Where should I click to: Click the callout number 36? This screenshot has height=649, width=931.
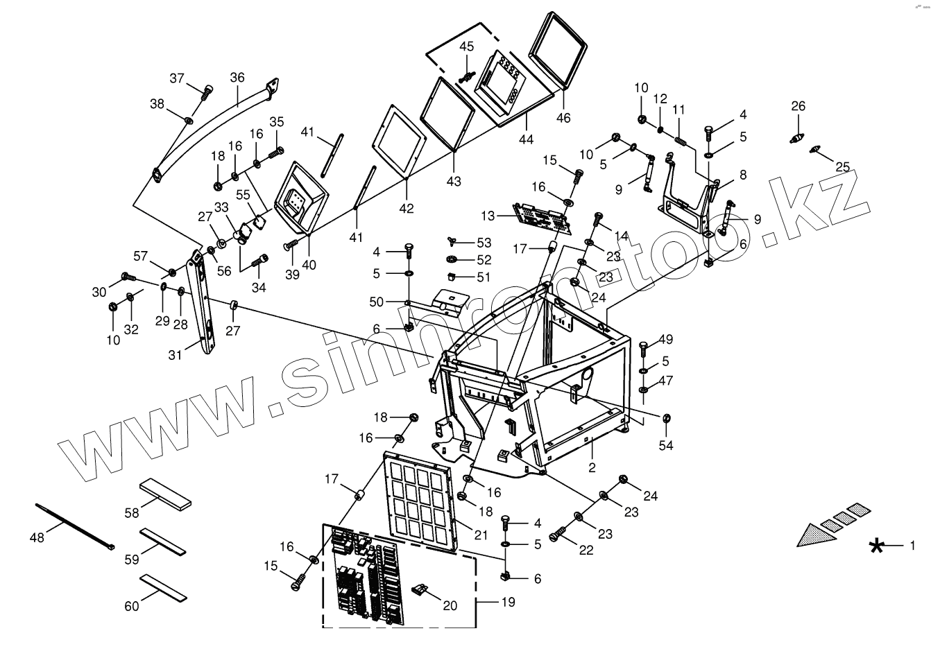click(x=237, y=78)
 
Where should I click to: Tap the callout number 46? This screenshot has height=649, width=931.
click(x=563, y=118)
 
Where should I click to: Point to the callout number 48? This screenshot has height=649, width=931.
click(x=36, y=537)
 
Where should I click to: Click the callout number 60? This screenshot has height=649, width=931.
click(x=131, y=607)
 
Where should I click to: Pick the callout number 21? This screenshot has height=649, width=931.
click(x=480, y=534)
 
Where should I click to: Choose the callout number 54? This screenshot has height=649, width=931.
click(x=667, y=445)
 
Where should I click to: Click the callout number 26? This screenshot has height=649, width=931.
click(x=798, y=106)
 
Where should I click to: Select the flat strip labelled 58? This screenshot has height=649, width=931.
click(x=165, y=493)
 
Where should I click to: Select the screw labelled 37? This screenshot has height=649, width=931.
click(x=206, y=92)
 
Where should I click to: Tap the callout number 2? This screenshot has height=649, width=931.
click(x=592, y=467)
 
